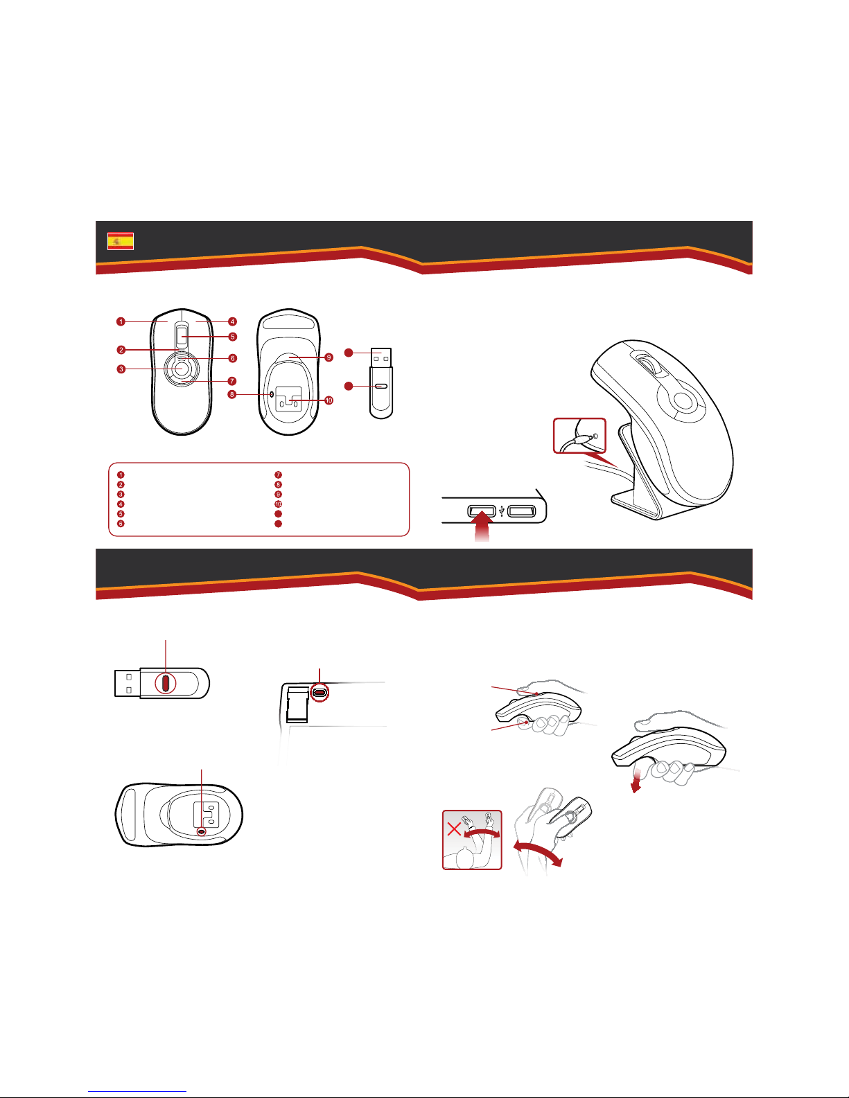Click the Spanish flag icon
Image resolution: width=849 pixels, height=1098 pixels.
pyautogui.click(x=120, y=241)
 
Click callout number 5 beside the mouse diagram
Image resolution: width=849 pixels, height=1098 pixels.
pyautogui.click(x=233, y=337)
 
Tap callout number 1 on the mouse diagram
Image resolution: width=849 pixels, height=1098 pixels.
pyautogui.click(x=121, y=321)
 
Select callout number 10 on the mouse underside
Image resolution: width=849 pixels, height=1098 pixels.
pyautogui.click(x=329, y=400)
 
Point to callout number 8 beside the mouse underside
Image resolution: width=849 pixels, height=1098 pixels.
pyautogui.click(x=232, y=394)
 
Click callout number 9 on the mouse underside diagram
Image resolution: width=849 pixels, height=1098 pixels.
pyautogui.click(x=329, y=357)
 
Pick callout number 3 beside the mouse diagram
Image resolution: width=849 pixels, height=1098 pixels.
pyautogui.click(x=121, y=369)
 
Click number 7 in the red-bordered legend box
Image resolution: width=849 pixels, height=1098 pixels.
pyautogui.click(x=278, y=475)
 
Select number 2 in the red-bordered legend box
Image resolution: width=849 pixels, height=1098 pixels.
pyautogui.click(x=121, y=484)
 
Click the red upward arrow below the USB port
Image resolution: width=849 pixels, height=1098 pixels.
pyautogui.click(x=482, y=527)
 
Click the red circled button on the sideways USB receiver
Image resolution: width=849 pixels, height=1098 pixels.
pyautogui.click(x=165, y=683)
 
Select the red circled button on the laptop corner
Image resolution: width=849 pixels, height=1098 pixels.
pyautogui.click(x=320, y=692)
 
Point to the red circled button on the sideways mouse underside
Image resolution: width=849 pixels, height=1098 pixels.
pyautogui.click(x=202, y=831)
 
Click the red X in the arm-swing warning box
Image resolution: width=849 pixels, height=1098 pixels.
pyautogui.click(x=455, y=829)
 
